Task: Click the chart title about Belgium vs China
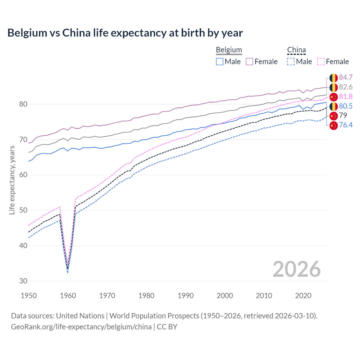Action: (125, 33)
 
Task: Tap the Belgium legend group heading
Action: (229, 50)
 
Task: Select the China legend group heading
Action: (296, 50)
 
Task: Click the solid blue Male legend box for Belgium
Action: (220, 62)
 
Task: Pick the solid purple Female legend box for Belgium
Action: (249, 62)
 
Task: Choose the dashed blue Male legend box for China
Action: (291, 62)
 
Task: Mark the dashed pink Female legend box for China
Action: (321, 62)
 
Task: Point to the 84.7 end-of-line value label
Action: (346, 78)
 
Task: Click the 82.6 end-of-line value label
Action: (346, 87)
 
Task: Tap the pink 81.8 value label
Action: (346, 97)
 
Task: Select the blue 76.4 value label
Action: (346, 125)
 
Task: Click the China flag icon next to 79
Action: (334, 116)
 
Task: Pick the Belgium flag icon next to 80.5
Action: (334, 106)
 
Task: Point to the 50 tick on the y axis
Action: (23, 210)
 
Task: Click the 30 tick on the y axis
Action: (23, 281)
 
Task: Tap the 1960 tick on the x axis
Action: (68, 296)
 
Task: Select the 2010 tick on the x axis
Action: (264, 296)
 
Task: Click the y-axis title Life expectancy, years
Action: (12, 180)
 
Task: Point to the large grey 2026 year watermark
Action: (296, 269)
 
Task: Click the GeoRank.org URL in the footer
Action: (81, 327)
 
